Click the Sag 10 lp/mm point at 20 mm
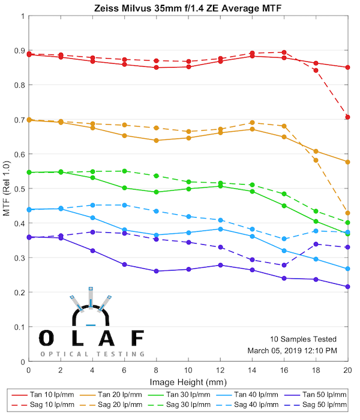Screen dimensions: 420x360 [x=347, y=117]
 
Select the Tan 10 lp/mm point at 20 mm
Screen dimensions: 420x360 [x=347, y=67]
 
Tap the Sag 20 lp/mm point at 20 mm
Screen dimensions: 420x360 [x=347, y=213]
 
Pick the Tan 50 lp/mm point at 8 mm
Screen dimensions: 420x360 [x=156, y=271]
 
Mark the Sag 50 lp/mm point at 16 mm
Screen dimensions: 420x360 [x=284, y=265]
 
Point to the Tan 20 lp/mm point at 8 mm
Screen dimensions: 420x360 [x=156, y=140]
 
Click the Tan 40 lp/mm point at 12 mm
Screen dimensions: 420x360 [x=220, y=229]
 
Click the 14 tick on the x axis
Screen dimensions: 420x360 [x=252, y=370]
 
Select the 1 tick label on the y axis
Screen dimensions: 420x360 [x=23, y=16]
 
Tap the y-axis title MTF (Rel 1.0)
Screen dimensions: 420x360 [x=7, y=189]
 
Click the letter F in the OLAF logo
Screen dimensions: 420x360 [x=137, y=338]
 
